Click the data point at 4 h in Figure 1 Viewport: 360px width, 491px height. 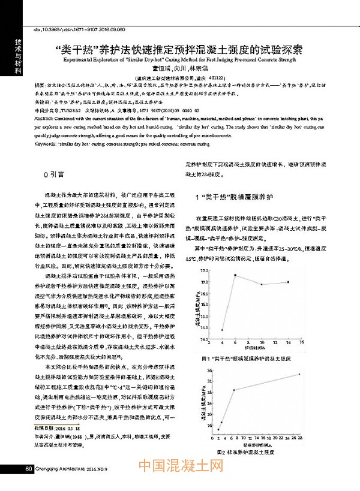click(222, 330)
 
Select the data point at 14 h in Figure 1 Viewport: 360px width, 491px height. click(289, 282)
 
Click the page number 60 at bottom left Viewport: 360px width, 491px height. click(28, 468)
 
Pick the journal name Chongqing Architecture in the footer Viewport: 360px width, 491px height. click(61, 468)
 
